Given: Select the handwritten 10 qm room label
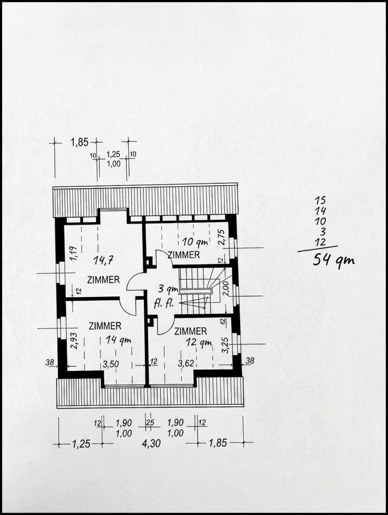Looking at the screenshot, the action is click(196, 242).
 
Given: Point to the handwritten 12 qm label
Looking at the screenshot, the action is click(199, 342).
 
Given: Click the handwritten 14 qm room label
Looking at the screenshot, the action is click(118, 340).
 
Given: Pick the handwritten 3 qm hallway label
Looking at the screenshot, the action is click(168, 289).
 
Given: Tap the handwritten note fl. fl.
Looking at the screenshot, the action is click(164, 304).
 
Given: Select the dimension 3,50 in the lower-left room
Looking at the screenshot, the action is click(111, 364).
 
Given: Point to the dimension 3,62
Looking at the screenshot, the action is click(186, 364).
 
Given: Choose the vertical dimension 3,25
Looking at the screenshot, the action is click(225, 345).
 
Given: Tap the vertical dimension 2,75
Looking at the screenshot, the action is click(222, 237).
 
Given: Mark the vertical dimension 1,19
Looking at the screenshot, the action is click(74, 253).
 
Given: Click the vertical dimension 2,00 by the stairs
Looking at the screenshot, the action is click(225, 288).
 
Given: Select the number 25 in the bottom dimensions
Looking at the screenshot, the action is click(150, 422).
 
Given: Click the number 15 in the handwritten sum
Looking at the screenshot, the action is click(320, 201).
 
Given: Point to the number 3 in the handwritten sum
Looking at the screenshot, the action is click(323, 232).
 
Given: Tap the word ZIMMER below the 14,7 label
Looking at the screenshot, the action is click(104, 280).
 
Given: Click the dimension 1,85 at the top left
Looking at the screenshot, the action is click(80, 142).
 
